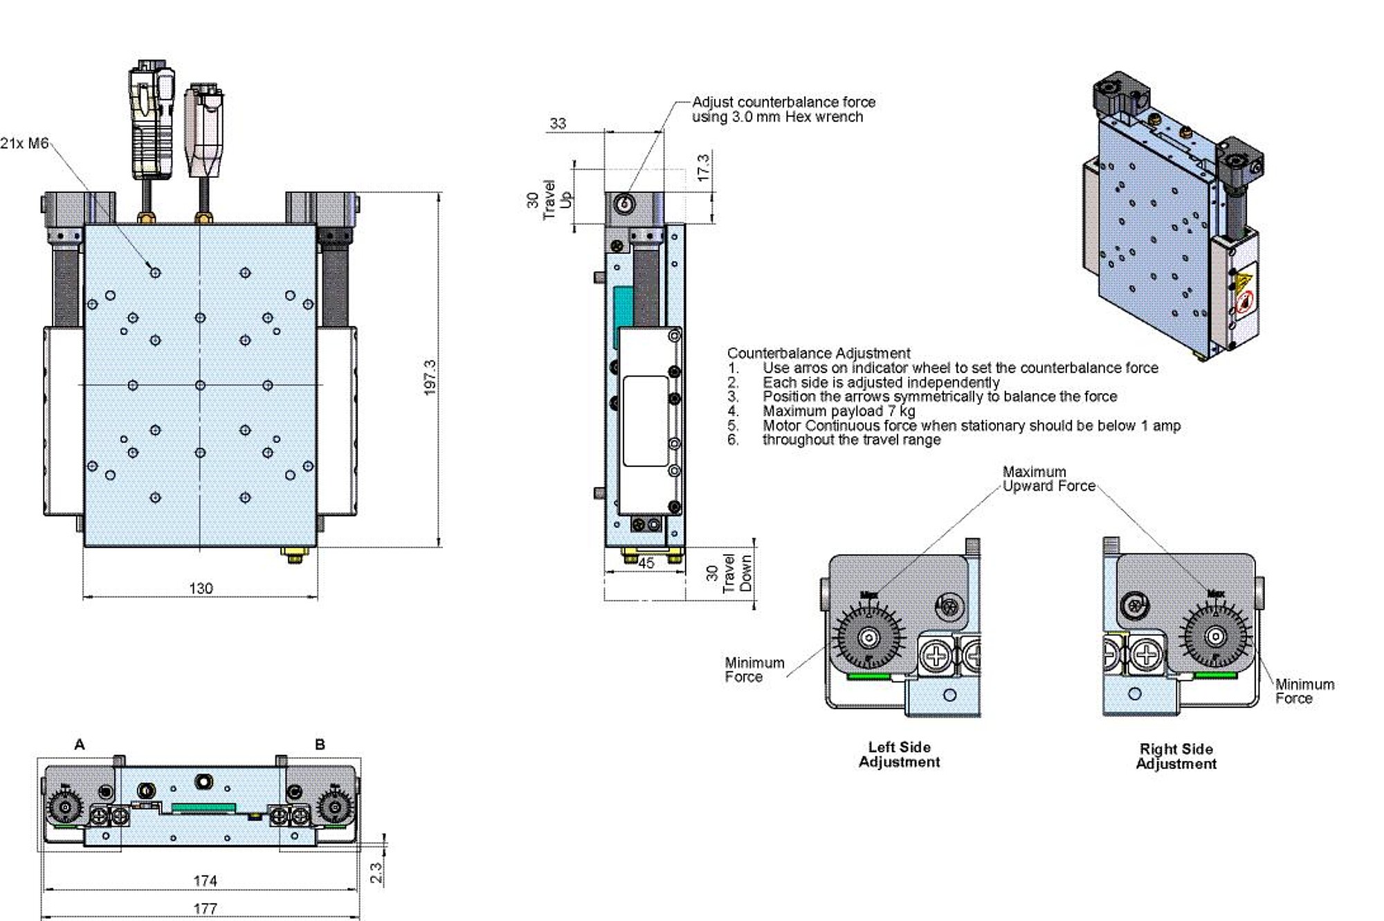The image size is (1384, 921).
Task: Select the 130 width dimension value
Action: coord(201,588)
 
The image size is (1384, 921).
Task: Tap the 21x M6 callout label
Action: coord(24,144)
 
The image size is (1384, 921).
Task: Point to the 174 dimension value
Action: coord(205,881)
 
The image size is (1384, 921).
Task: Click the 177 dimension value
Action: coord(205,909)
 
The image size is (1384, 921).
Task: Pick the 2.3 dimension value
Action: coord(376,872)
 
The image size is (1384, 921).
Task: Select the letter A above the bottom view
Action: coord(80,745)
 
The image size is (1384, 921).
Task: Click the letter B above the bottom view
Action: coord(320,745)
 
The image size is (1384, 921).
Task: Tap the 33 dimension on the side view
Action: coord(558,124)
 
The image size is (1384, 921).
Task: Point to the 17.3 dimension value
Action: coord(703,168)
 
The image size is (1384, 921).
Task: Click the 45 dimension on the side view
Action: coord(646,563)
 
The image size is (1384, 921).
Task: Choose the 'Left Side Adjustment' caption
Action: coord(899,754)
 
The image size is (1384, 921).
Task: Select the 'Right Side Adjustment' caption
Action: coord(1176,756)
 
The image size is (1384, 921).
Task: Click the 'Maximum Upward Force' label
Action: coord(1048,479)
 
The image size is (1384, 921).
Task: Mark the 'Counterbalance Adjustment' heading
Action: coord(819,353)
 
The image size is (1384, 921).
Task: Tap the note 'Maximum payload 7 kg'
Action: coord(839,411)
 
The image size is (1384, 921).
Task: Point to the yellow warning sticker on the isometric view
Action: coord(1244,282)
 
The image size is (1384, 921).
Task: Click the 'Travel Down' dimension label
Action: coord(738,573)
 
